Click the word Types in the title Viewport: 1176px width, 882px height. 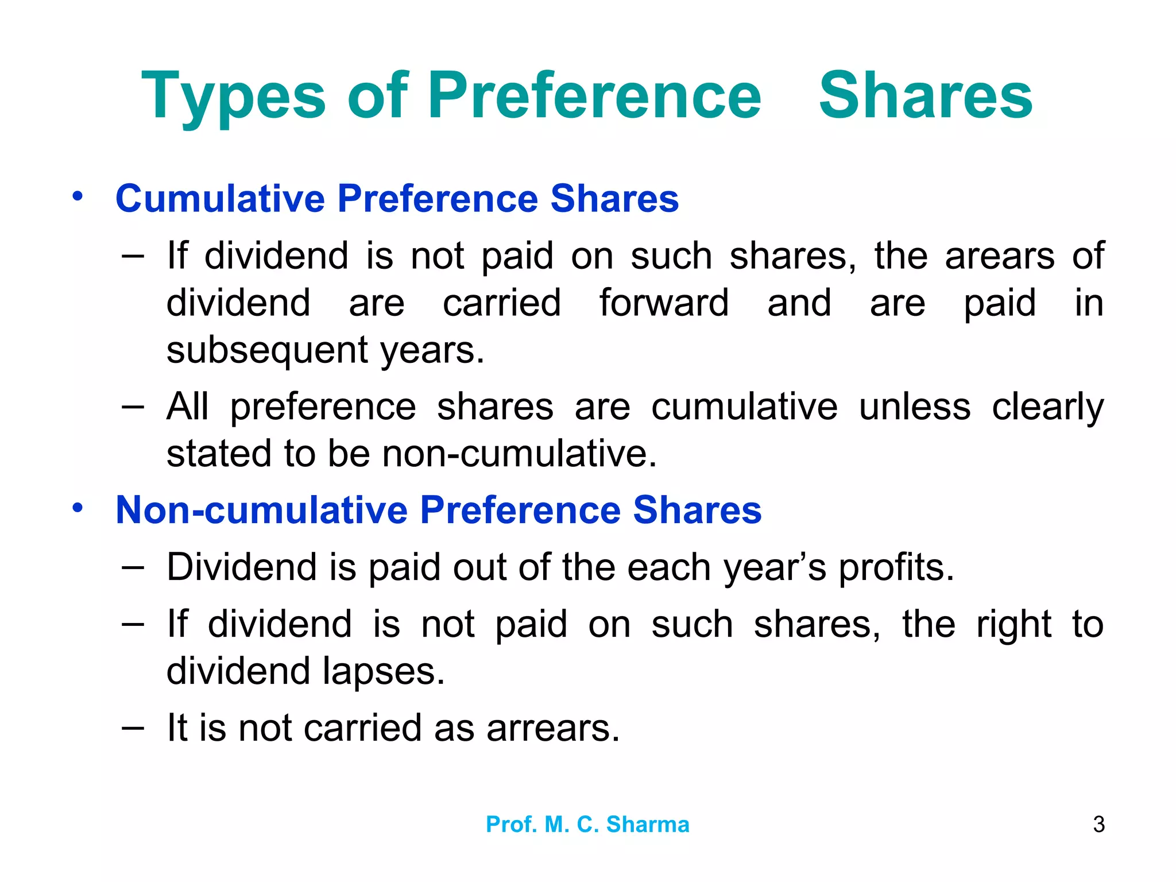[x=233, y=96]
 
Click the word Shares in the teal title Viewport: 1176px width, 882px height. [x=925, y=96]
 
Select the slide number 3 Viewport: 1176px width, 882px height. [x=1098, y=825]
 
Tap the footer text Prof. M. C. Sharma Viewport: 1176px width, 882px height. [x=587, y=825]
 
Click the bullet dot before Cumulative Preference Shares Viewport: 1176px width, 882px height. [x=78, y=196]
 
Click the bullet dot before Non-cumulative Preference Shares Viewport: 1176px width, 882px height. [x=78, y=508]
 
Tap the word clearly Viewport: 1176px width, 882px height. [x=1047, y=408]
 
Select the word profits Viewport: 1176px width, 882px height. [x=896, y=568]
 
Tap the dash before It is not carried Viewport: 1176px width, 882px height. [x=133, y=727]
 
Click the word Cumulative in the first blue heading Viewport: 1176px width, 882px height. [x=220, y=199]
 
